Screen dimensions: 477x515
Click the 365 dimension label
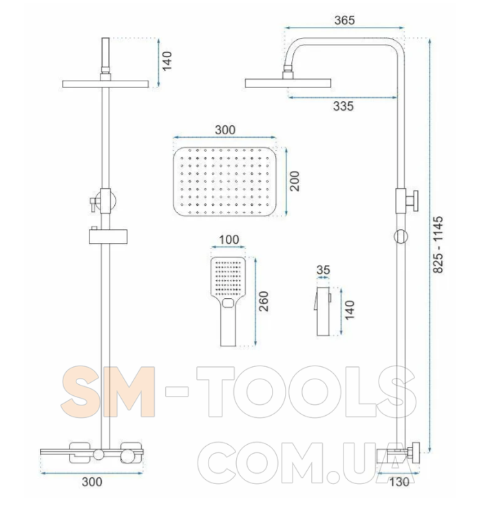[344, 21]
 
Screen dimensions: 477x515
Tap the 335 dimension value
[343, 106]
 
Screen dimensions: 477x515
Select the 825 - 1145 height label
[438, 244]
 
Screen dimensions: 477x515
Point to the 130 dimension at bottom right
[399, 482]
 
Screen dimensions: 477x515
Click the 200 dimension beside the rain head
[295, 181]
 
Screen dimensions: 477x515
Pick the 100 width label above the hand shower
[229, 240]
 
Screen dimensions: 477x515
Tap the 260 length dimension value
[264, 301]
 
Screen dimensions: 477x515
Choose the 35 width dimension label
[323, 270]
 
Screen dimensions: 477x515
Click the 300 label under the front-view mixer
[92, 482]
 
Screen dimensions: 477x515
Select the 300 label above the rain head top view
[225, 129]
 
